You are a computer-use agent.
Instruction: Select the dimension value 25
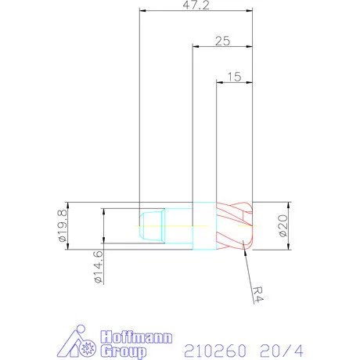[x=223, y=41]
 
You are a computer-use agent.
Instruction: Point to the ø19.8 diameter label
[x=62, y=225]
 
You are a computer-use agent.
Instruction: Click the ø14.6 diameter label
[x=98, y=266]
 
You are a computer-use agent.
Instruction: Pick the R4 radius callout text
[x=258, y=293]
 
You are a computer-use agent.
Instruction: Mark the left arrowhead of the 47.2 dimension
[x=142, y=11]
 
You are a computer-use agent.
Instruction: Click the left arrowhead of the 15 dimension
[x=218, y=82]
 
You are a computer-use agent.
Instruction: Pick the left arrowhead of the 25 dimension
[x=196, y=47]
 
